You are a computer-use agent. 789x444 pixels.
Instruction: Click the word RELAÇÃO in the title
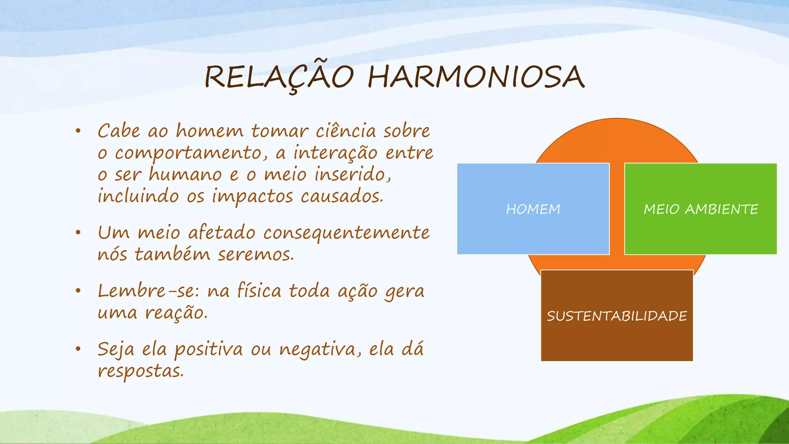click(279, 77)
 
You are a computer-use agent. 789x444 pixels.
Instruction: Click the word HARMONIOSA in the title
click(476, 77)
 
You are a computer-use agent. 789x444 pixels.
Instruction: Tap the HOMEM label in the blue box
click(533, 209)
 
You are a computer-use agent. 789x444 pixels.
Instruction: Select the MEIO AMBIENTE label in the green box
click(701, 209)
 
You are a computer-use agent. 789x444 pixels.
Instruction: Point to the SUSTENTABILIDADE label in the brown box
click(617, 316)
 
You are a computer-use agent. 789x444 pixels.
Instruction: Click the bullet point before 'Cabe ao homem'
click(78, 131)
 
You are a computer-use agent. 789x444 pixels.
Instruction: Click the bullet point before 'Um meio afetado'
click(78, 233)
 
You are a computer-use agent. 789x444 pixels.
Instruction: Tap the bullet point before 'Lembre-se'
click(78, 291)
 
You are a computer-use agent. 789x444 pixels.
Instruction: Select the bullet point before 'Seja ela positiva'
click(78, 349)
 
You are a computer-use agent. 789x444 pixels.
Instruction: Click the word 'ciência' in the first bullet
click(346, 131)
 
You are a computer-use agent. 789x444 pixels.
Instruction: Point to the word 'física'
click(259, 291)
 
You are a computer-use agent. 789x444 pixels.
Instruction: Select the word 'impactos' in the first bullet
click(252, 197)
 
